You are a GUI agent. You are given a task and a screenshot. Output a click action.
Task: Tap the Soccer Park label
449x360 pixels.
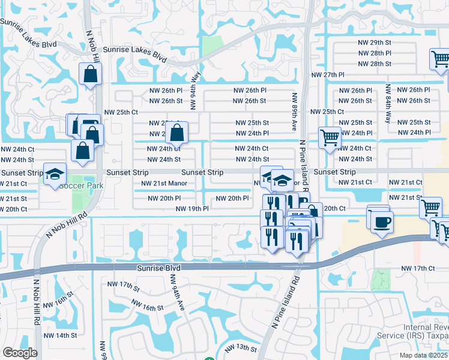pyautogui.click(x=81, y=185)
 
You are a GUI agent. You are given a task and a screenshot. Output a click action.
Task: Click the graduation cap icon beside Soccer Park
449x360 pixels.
pyautogui.click(x=55, y=175)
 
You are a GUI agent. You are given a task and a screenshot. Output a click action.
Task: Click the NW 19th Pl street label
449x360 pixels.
pyautogui.click(x=192, y=209)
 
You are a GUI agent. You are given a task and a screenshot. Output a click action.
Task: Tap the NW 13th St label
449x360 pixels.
pyautogui.click(x=241, y=348)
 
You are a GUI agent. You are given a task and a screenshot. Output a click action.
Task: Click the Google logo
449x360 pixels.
pyautogui.click(x=20, y=353)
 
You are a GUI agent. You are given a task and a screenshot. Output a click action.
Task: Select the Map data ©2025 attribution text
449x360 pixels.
pyautogui.click(x=423, y=355)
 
